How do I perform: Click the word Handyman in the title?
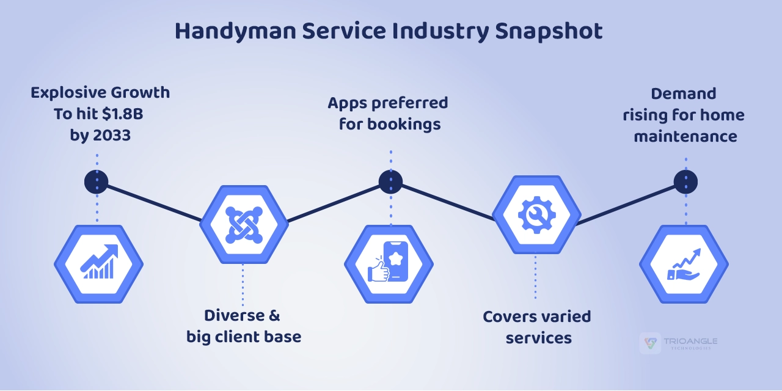point(235,31)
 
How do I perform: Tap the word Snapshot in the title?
point(549,31)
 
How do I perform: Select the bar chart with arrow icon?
point(99,261)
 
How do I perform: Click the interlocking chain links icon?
point(244,225)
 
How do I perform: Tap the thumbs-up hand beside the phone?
point(378,271)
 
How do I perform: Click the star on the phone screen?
point(396,258)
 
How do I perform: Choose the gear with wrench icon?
point(536,214)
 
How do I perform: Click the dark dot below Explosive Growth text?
point(97,182)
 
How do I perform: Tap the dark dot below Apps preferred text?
point(390,182)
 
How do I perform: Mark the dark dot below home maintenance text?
point(685,182)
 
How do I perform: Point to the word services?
point(539,338)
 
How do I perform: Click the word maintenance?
point(685,136)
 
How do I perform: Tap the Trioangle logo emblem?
point(650,343)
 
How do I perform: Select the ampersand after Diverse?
point(274,316)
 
